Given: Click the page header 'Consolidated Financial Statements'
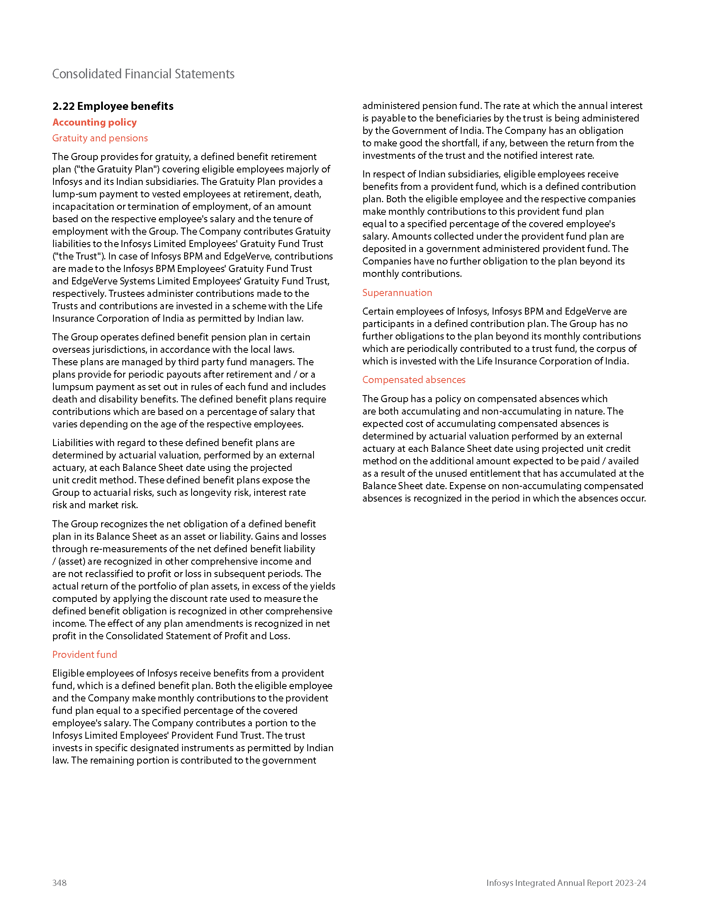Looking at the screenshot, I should pos(143,74).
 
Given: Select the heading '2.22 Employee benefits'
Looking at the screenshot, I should pos(113,106).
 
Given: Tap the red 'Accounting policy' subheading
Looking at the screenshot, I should pos(95,122).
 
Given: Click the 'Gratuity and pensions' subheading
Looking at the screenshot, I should pos(100,138).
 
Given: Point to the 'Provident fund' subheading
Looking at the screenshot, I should pos(84,654).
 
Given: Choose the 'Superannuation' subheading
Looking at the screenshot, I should pos(397,293).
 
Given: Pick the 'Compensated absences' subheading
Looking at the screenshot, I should pos(413,380).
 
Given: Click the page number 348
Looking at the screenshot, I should pos(59,882).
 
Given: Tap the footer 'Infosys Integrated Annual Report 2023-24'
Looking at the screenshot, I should pos(566,882).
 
